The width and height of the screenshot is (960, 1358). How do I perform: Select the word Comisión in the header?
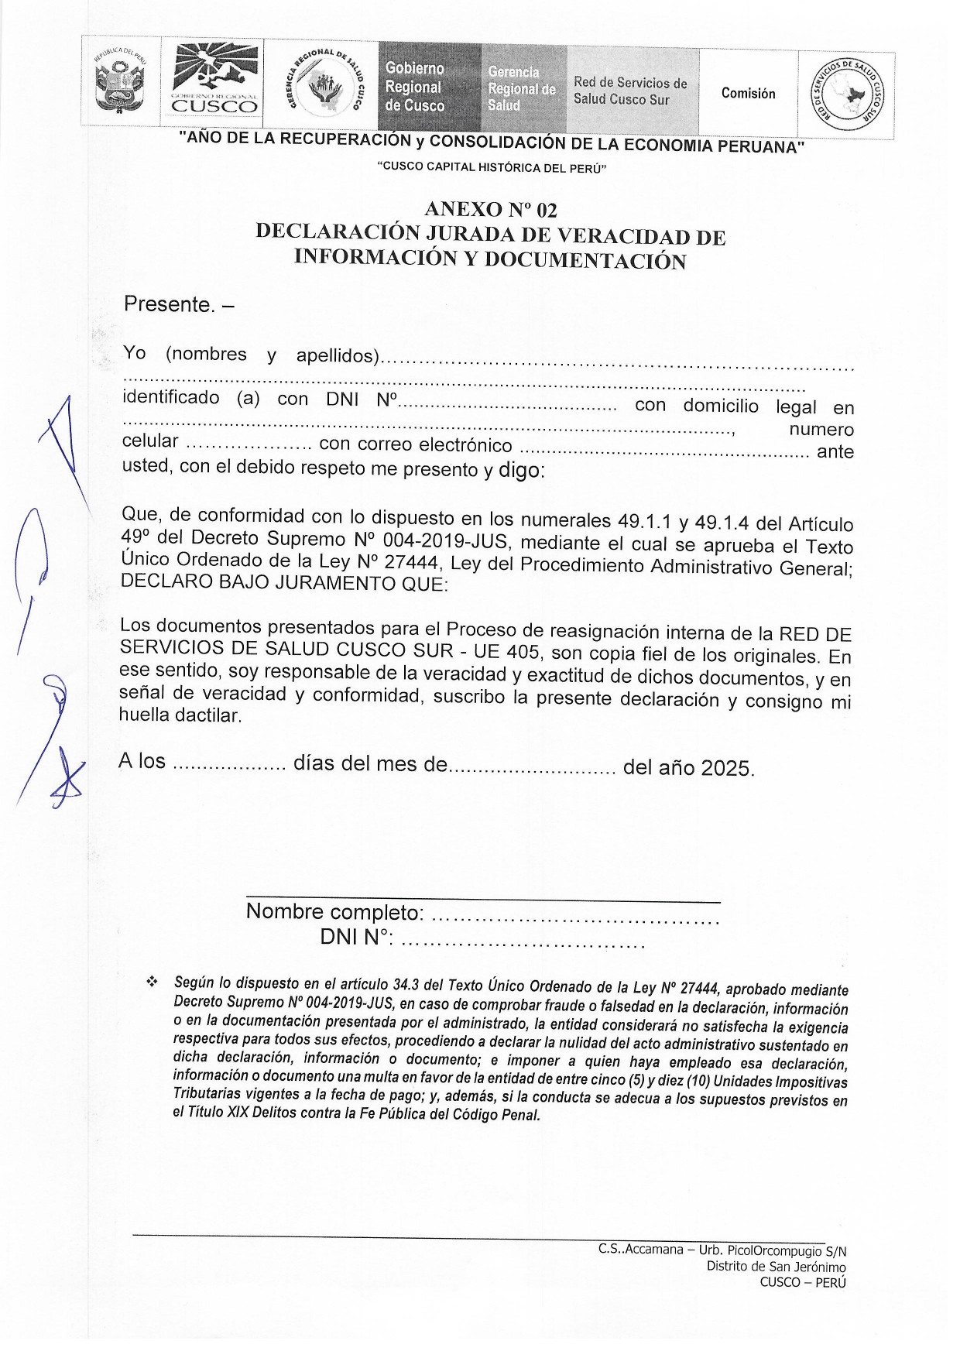click(x=748, y=94)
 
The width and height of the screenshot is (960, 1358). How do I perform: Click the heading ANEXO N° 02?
click(x=491, y=210)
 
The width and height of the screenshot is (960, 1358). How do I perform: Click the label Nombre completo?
click(x=334, y=912)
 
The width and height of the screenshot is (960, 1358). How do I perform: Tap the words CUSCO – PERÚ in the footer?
click(x=804, y=1282)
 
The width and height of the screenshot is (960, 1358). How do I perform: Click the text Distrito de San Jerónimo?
click(x=776, y=1267)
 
